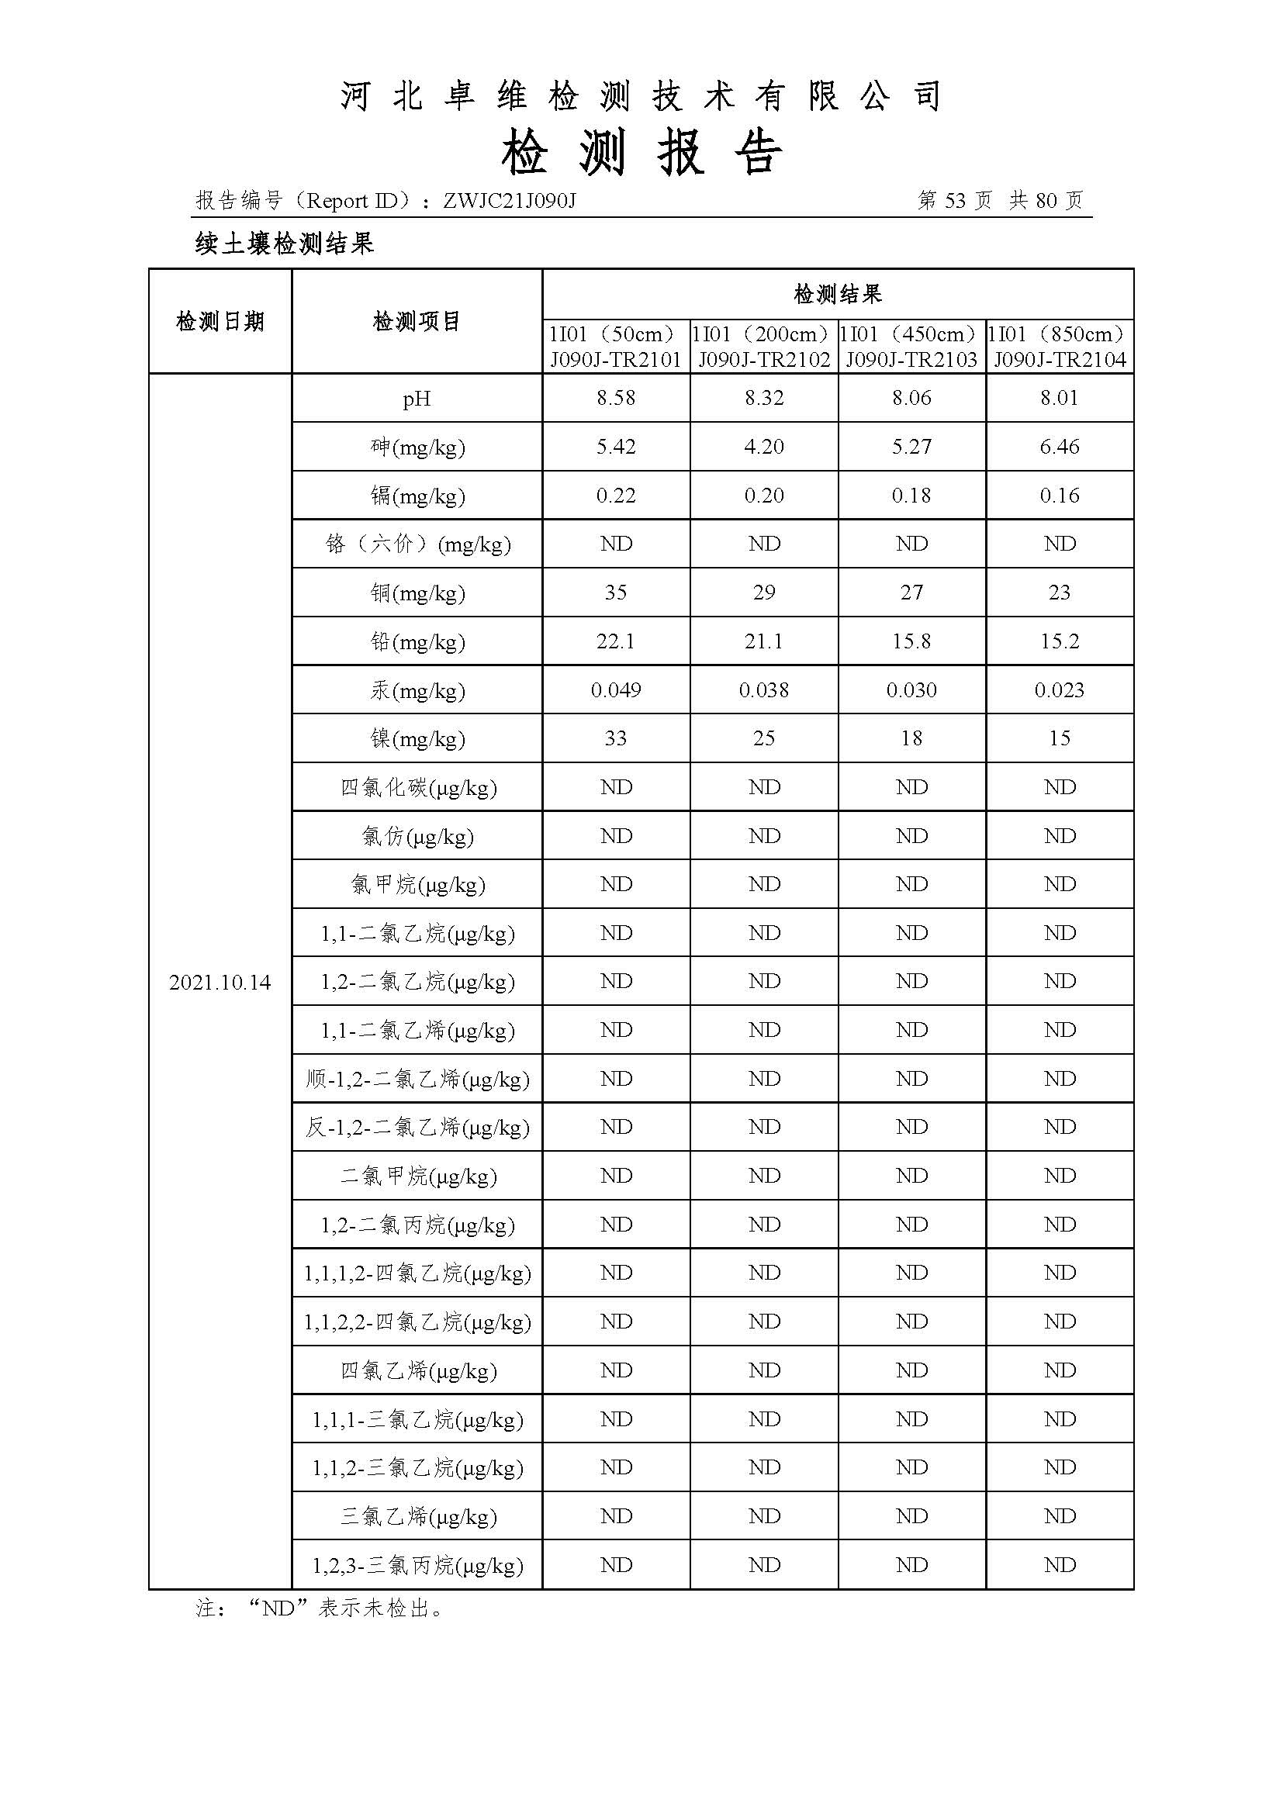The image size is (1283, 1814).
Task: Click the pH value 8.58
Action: (x=615, y=398)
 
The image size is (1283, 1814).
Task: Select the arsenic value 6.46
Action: (x=1059, y=447)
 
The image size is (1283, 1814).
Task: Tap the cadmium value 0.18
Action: (x=911, y=496)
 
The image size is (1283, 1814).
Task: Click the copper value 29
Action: (x=763, y=593)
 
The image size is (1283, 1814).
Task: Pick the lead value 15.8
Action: (x=911, y=641)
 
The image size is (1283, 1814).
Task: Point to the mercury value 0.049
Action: (x=615, y=690)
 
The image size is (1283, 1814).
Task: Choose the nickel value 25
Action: (x=763, y=739)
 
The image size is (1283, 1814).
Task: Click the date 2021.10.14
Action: (x=220, y=983)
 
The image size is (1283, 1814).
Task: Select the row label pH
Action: (x=417, y=399)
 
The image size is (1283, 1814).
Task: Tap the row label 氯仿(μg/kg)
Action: (x=417, y=837)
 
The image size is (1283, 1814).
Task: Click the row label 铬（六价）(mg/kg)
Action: (x=417, y=544)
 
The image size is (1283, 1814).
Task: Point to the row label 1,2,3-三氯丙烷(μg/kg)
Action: (x=417, y=1566)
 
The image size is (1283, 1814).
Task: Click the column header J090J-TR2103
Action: (x=911, y=361)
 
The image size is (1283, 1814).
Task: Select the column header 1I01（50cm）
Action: (x=615, y=334)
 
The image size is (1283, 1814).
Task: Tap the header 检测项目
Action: (x=417, y=322)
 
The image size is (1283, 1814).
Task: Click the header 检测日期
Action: (x=220, y=322)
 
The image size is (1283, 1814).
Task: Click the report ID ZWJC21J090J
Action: (x=509, y=201)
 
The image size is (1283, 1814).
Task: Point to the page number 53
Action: (x=954, y=201)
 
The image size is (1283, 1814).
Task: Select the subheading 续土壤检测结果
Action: (x=285, y=244)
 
